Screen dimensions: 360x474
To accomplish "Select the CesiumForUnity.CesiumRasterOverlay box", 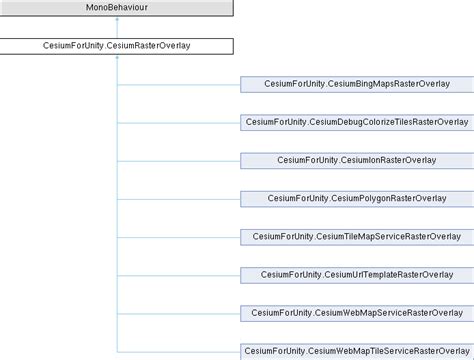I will (117, 46).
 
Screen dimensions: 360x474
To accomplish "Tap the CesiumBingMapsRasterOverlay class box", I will (357, 84).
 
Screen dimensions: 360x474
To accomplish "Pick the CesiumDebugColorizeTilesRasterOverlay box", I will (357, 122).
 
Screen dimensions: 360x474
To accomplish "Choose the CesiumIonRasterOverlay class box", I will (357, 160).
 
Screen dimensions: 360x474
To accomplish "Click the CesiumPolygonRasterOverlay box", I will (357, 198).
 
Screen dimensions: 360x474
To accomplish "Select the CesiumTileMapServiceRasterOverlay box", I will (357, 236).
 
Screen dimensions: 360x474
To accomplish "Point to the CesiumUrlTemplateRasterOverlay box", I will (357, 274).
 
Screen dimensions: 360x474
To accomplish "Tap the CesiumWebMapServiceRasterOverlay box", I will (357, 312).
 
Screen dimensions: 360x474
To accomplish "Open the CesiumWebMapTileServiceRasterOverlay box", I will (357, 350).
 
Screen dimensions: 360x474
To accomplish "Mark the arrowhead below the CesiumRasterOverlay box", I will (118, 59).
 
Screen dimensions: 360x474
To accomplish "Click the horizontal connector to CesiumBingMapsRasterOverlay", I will (179, 84).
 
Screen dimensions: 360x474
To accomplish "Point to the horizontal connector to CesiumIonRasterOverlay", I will (179, 160).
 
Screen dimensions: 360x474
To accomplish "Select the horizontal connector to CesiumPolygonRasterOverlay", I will (179, 198).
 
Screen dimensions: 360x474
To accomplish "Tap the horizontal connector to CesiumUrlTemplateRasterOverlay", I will (179, 274).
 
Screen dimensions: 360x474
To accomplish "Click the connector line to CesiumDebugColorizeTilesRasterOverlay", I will (179, 122).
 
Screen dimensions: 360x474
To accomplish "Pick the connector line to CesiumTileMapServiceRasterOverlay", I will (179, 236).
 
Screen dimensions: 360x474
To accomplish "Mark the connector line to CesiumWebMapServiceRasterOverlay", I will (179, 312).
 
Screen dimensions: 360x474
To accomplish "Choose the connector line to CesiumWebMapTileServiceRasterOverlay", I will (179, 350).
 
